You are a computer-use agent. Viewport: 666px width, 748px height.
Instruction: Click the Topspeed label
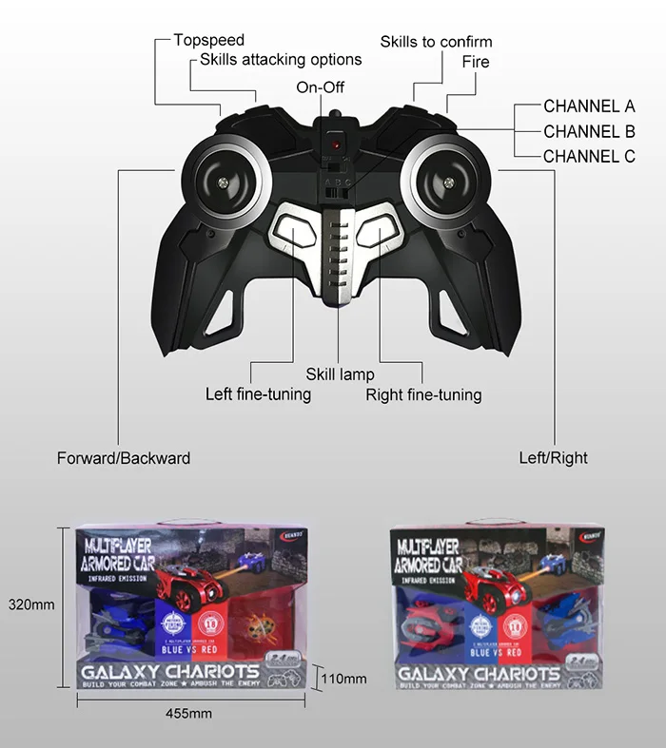[x=208, y=40]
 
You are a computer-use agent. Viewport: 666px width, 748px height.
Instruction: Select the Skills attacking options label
[x=281, y=59]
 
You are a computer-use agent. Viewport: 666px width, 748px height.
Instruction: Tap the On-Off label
[x=320, y=87]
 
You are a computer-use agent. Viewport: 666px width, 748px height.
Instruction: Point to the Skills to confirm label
[x=436, y=42]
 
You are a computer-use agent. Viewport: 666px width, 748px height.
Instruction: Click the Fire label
[x=476, y=62]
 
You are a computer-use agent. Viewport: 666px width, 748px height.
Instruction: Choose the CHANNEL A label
[x=589, y=106]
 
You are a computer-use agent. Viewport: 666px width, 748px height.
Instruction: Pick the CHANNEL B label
[x=589, y=131]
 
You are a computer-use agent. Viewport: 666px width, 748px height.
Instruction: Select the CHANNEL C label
[x=589, y=156]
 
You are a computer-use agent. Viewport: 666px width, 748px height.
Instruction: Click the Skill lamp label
[x=340, y=374]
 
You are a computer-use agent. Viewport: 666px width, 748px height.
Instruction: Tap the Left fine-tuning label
[x=258, y=393]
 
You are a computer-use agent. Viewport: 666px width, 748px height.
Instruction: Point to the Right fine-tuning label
[x=423, y=394]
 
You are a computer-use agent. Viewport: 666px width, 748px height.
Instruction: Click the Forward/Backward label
[x=124, y=458]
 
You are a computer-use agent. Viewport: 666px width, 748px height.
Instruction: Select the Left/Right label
[x=553, y=458]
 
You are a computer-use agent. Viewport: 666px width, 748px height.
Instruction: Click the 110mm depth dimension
[x=344, y=679]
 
